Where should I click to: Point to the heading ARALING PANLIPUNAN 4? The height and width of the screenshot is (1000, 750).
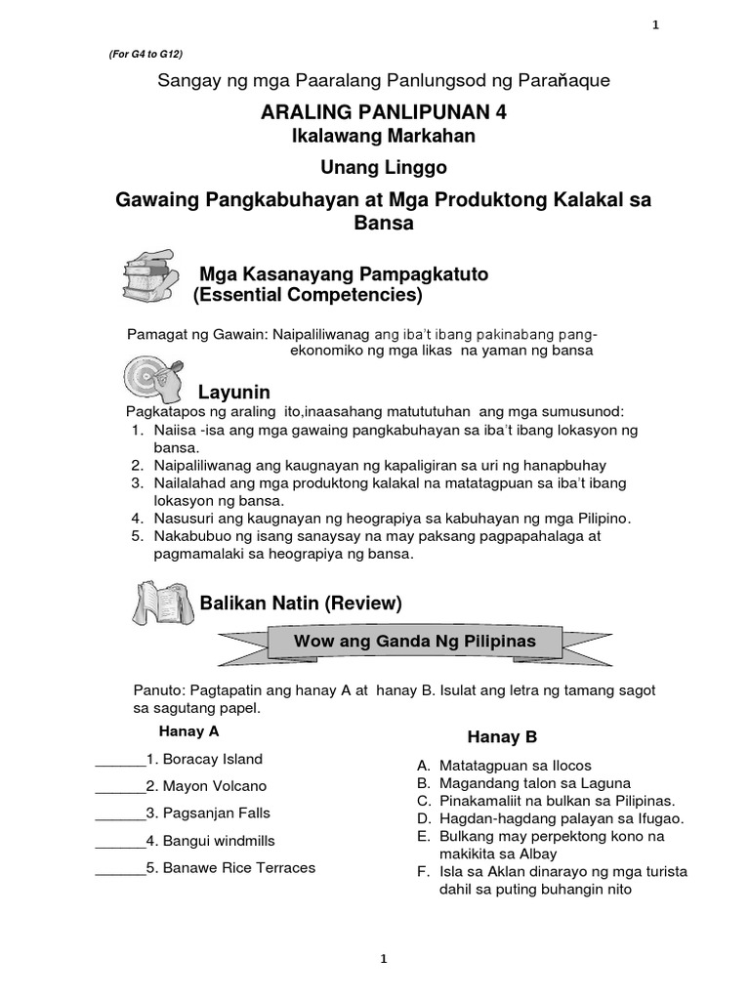(x=384, y=112)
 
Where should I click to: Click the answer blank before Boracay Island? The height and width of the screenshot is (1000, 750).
(x=119, y=760)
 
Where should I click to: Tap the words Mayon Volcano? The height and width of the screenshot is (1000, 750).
(x=214, y=786)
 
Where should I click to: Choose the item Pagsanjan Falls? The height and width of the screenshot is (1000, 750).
(x=216, y=812)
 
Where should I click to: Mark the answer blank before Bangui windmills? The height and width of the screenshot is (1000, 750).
(x=119, y=841)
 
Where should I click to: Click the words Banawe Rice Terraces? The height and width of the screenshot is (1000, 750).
(x=238, y=867)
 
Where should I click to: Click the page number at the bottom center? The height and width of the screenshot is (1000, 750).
(x=385, y=960)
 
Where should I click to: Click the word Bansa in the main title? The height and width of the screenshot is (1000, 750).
(x=384, y=223)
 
